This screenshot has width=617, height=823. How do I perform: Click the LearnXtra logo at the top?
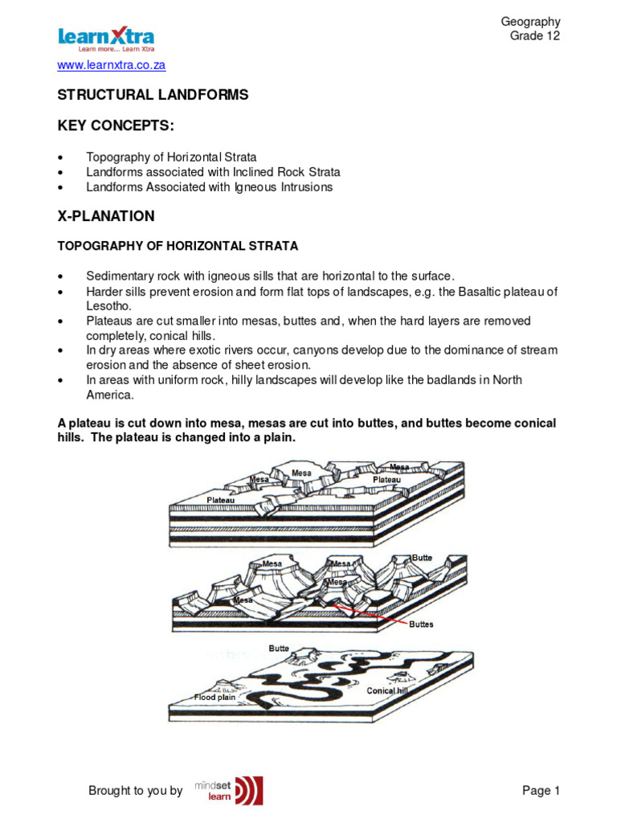pyautogui.click(x=106, y=38)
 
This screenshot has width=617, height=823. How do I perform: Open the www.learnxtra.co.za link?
pyautogui.click(x=111, y=65)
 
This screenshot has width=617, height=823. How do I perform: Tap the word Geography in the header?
pyautogui.click(x=530, y=22)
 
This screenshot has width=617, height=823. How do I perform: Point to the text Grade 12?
pyautogui.click(x=535, y=36)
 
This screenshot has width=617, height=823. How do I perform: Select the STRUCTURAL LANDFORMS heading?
pyautogui.click(x=153, y=95)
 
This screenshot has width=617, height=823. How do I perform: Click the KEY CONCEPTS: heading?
pyautogui.click(x=115, y=127)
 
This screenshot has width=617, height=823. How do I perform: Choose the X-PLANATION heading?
pyautogui.click(x=106, y=217)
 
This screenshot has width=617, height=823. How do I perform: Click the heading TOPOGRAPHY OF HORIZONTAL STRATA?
pyautogui.click(x=177, y=245)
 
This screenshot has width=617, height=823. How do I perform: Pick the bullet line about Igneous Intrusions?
pyautogui.click(x=209, y=187)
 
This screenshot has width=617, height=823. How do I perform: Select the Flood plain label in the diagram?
pyautogui.click(x=215, y=697)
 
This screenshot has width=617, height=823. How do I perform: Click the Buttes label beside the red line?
pyautogui.click(x=422, y=624)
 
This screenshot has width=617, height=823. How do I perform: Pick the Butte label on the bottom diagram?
pyautogui.click(x=279, y=648)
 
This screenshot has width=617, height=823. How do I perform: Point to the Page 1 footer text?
pyautogui.click(x=541, y=791)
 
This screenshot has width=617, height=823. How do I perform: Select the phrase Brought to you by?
pyautogui.click(x=135, y=791)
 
